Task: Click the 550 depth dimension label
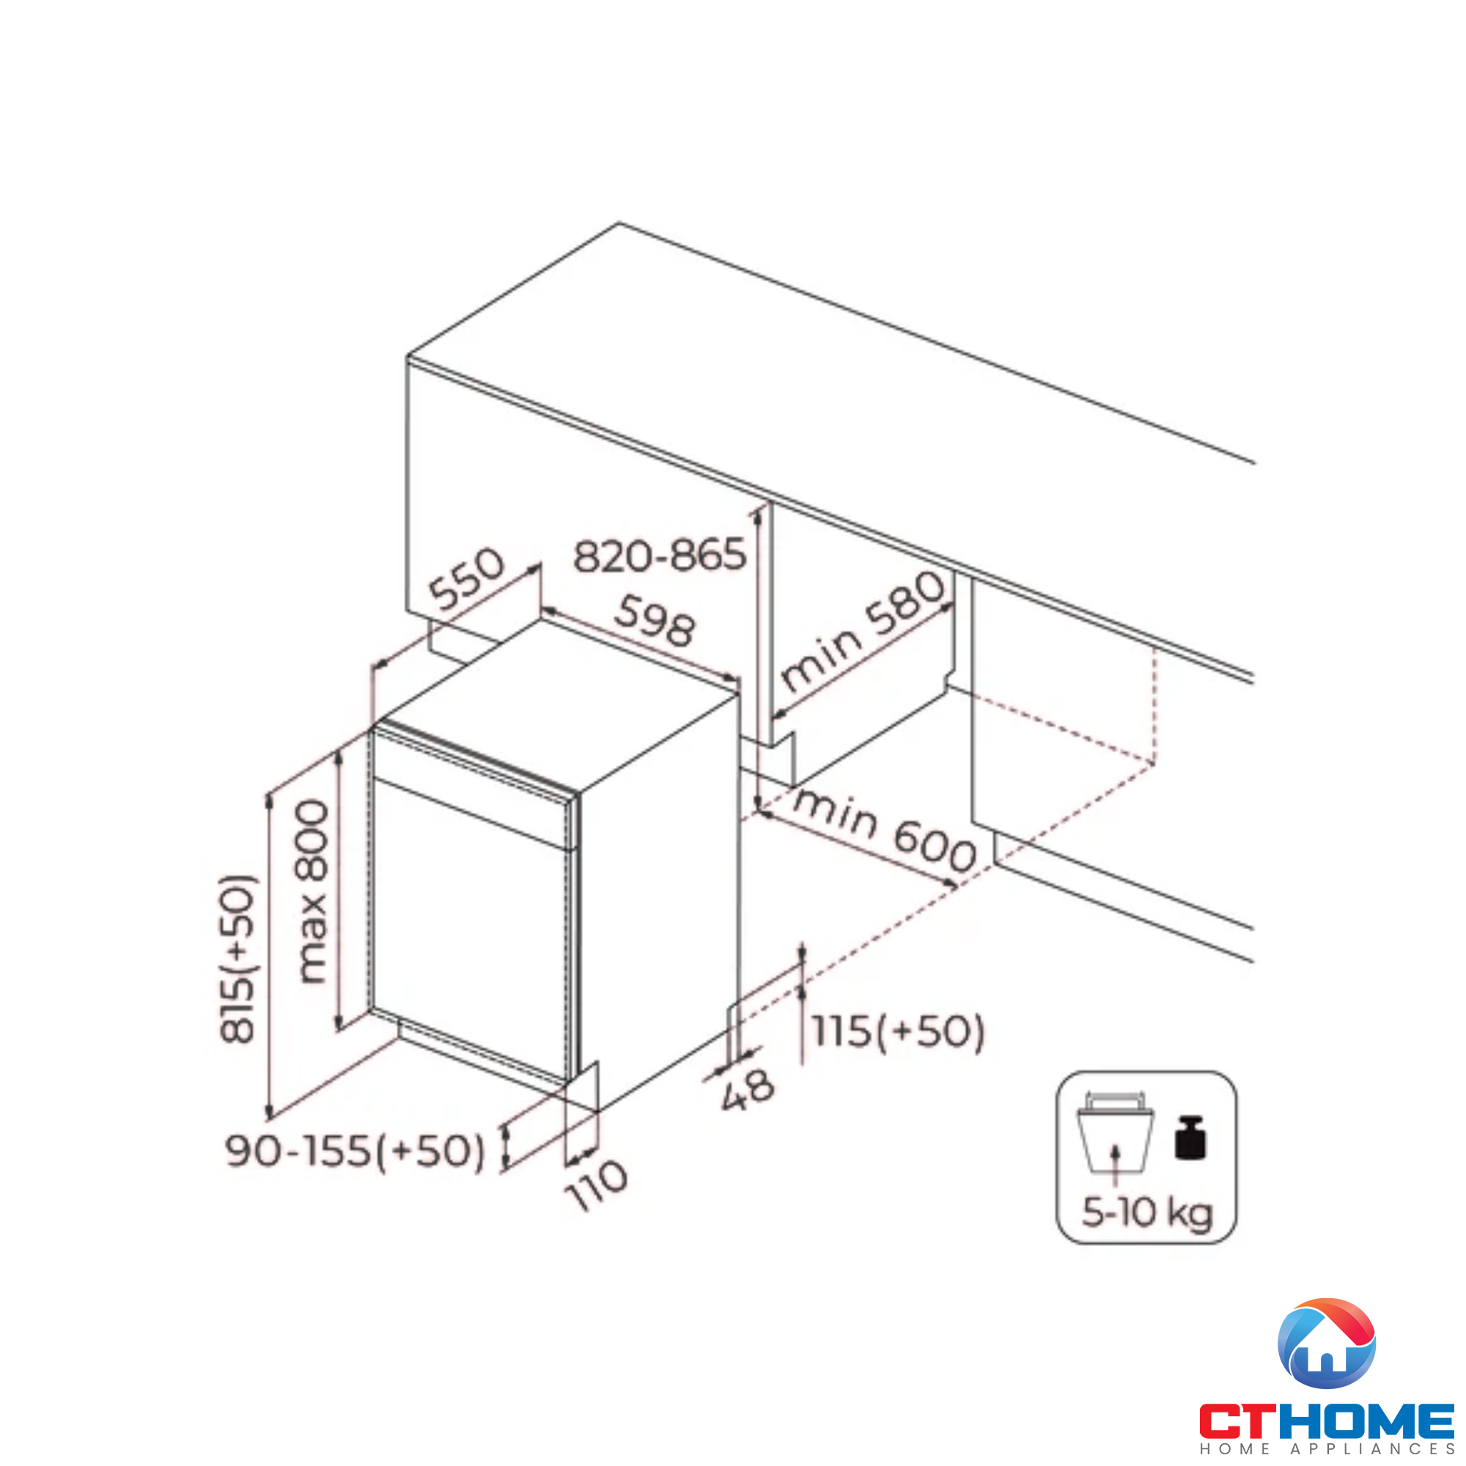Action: (467, 579)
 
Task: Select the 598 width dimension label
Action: (655, 620)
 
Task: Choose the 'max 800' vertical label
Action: (312, 892)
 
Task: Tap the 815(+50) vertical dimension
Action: (237, 958)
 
